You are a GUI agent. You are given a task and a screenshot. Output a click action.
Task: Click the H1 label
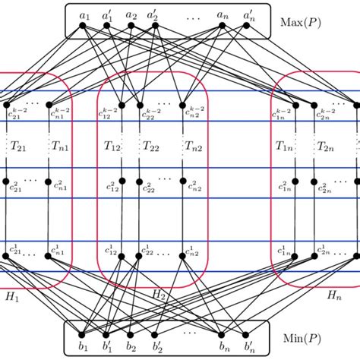(x=15, y=294)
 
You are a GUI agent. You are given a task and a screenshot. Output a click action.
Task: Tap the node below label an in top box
(x=223, y=25)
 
